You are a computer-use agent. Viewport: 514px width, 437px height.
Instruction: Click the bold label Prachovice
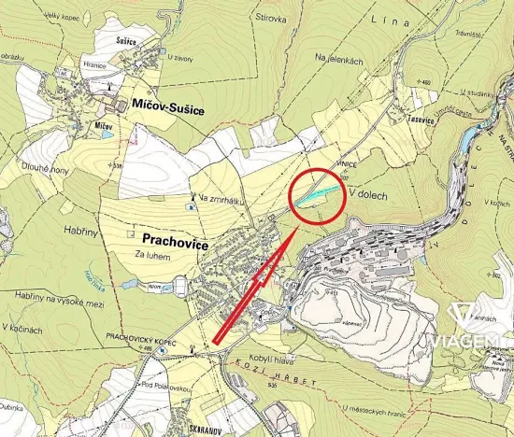175,238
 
